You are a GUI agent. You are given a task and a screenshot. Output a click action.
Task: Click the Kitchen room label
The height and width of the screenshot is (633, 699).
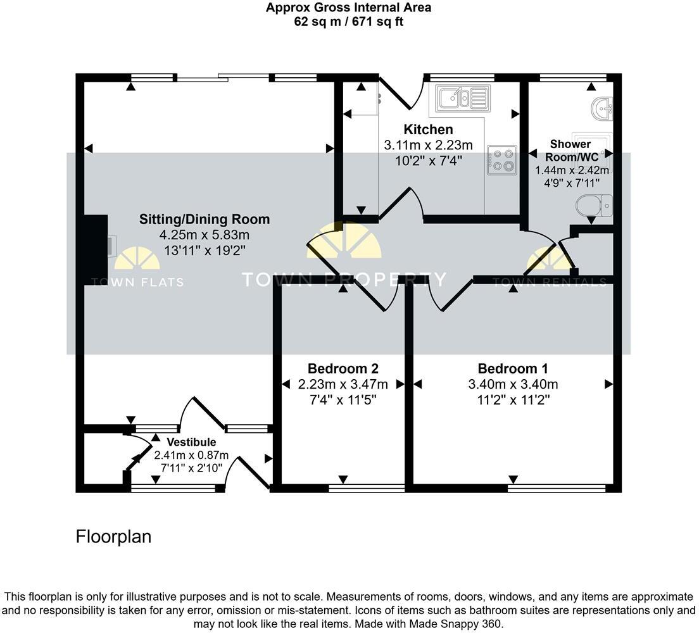click(x=428, y=130)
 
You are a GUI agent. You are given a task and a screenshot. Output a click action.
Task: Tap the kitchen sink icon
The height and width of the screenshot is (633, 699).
click(x=460, y=98)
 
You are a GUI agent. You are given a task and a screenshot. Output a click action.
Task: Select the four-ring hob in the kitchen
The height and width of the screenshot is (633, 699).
click(x=501, y=160)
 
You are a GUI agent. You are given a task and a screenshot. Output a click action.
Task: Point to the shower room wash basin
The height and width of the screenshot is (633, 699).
click(x=602, y=109)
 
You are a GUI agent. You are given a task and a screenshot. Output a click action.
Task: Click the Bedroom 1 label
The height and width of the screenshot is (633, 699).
click(x=513, y=368)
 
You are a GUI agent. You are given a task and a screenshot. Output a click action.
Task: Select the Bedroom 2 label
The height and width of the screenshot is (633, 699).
click(x=343, y=368)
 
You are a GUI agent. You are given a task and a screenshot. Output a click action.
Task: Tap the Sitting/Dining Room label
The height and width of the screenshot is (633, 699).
click(x=205, y=220)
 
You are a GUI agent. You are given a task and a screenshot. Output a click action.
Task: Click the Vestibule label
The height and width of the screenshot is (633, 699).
click(x=191, y=442)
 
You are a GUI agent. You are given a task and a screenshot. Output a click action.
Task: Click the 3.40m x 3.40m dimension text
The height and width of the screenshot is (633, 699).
click(x=513, y=384)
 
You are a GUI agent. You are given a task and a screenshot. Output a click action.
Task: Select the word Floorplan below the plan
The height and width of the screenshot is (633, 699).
click(x=113, y=537)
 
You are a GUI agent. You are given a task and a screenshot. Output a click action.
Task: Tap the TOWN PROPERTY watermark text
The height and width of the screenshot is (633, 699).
click(x=344, y=279)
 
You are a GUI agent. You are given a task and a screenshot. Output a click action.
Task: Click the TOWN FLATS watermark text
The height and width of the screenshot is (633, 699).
click(x=137, y=282)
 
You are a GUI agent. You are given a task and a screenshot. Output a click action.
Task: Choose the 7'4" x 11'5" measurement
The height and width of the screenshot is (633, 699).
click(x=343, y=400)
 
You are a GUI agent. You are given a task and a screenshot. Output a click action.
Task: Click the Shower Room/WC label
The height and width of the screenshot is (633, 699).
click(x=570, y=150)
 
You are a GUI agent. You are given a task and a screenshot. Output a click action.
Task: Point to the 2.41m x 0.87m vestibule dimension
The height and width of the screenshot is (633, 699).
click(x=191, y=455)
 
